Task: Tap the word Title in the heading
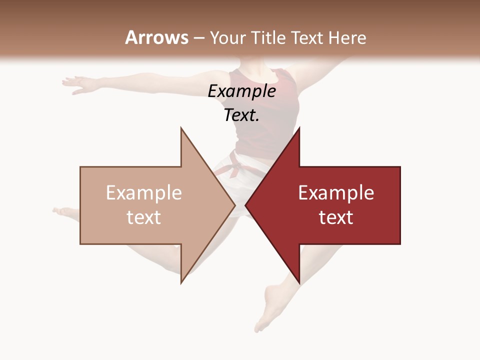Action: click(x=269, y=38)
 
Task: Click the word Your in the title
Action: click(x=228, y=38)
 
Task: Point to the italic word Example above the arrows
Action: click(x=242, y=91)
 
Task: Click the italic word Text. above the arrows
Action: click(x=242, y=115)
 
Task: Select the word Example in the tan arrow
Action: click(x=144, y=193)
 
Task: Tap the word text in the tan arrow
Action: click(x=144, y=217)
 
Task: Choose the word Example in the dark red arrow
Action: click(x=336, y=193)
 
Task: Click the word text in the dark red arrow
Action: click(x=336, y=217)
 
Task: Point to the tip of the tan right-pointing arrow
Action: click(x=235, y=205)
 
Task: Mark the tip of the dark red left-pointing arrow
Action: click(x=245, y=205)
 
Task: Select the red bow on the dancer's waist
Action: click(x=233, y=166)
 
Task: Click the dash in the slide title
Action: click(x=198, y=38)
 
